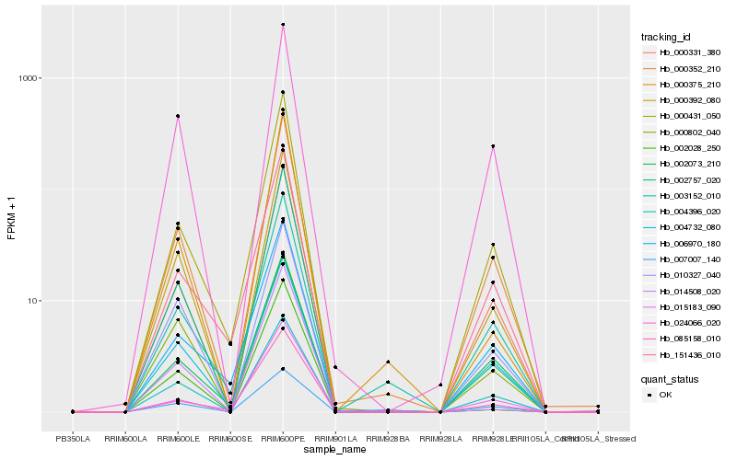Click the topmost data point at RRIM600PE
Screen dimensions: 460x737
[x=283, y=25]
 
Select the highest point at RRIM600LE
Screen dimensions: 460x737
[x=178, y=116]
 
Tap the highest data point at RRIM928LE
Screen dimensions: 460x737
[x=493, y=146]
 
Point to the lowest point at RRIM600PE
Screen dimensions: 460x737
[x=283, y=369]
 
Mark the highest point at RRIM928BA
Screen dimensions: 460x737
[x=388, y=362]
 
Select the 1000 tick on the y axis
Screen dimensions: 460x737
[x=30, y=78]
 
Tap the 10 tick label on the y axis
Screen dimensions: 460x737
[x=34, y=301]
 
